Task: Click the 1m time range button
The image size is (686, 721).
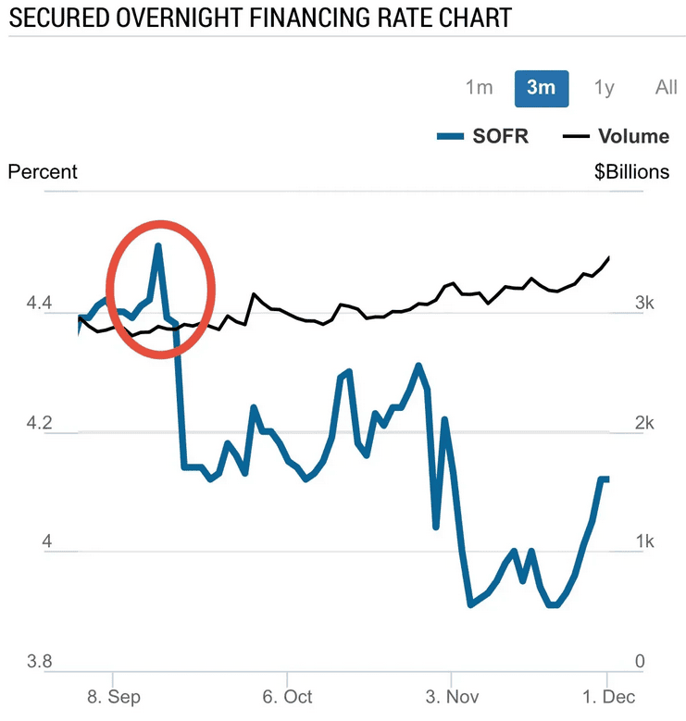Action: tap(479, 88)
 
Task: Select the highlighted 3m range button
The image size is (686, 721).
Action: tap(542, 88)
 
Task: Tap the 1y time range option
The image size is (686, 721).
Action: tap(604, 88)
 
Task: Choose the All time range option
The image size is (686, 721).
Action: tap(666, 88)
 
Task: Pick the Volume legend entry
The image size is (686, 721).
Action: tap(617, 137)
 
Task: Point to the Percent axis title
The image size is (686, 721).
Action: tap(43, 172)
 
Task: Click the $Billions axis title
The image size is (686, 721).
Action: tap(631, 172)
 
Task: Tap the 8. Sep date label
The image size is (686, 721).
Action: tap(114, 696)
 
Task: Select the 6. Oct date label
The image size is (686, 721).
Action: tap(287, 696)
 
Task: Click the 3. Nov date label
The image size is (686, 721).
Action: tap(452, 696)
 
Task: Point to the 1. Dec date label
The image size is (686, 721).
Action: tap(608, 696)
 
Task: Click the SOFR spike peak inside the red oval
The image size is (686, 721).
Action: tap(158, 246)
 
